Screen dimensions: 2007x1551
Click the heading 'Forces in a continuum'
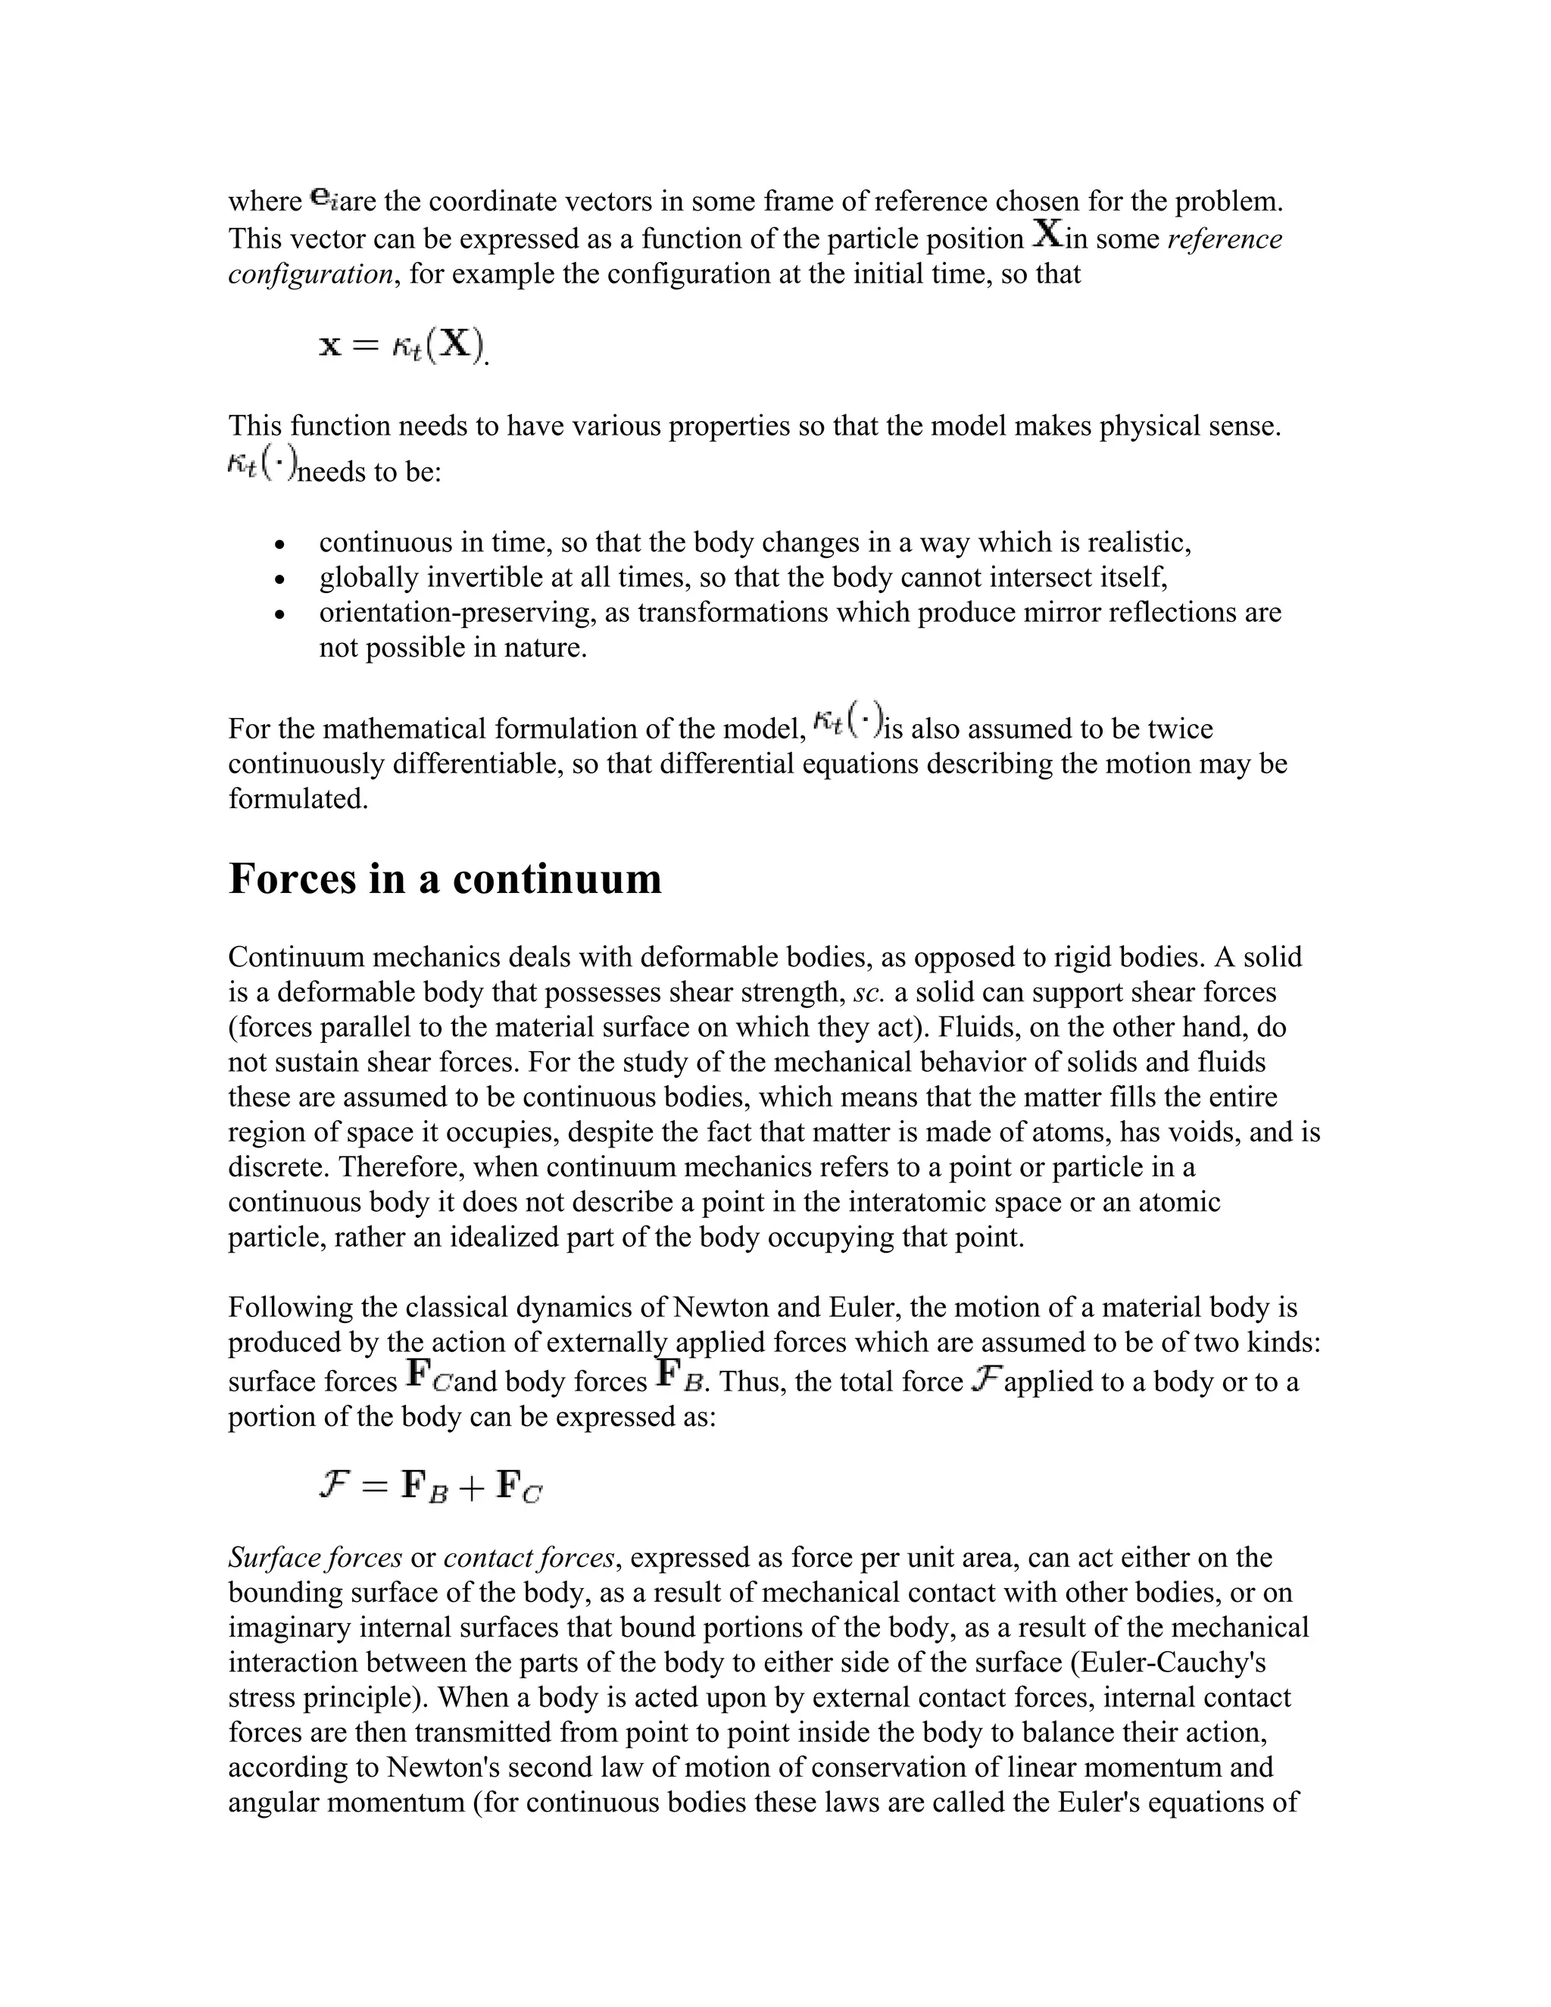click(445, 879)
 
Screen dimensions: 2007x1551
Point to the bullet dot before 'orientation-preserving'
click(280, 615)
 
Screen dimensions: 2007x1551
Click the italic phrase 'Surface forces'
click(315, 1558)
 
